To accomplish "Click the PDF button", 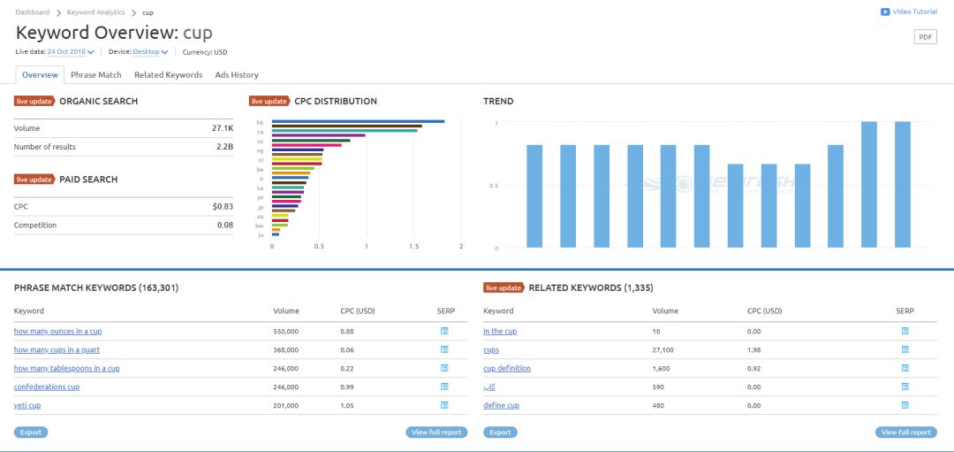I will click(925, 37).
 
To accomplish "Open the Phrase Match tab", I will click(96, 75).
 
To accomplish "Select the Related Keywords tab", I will click(168, 75).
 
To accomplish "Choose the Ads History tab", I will click(237, 75).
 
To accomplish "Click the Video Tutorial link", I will click(909, 11).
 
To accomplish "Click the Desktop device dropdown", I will click(150, 52).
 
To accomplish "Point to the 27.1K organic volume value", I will click(222, 128).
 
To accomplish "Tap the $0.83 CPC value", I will click(223, 206).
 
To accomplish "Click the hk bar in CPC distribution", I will click(358, 122).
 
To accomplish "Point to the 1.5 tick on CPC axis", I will click(413, 247).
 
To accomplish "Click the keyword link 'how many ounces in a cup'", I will click(57, 332).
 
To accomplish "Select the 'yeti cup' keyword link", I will click(27, 405).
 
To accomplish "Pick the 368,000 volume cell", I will click(285, 350).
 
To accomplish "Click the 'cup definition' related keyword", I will click(507, 369).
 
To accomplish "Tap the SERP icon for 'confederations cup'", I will click(444, 387).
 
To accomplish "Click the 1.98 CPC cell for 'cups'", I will click(753, 350).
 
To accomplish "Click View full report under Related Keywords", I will click(905, 433).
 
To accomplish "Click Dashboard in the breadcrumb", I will click(32, 12).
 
